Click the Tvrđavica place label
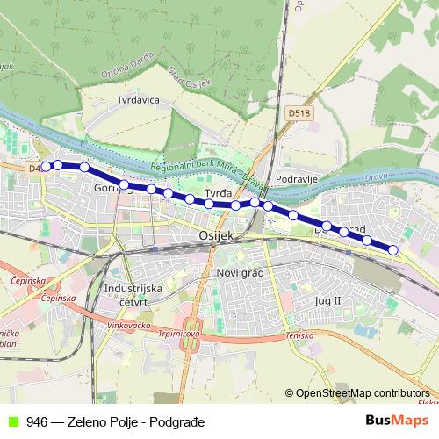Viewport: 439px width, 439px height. pos(139,100)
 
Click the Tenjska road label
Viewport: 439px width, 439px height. pos(299,335)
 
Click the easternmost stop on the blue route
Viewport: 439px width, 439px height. pos(392,250)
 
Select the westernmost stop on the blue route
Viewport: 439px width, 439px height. pos(46,166)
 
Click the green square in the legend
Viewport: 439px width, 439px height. pos(11,421)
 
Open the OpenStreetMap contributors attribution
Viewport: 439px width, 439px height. pos(360,393)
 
